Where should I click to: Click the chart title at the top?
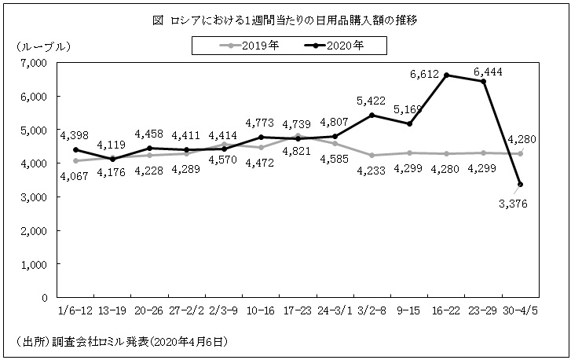(x=285, y=20)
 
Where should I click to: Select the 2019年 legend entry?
(x=250, y=46)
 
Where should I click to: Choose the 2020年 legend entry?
(x=334, y=46)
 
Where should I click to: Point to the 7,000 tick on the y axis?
(x=34, y=63)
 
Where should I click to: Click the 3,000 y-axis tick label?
(x=34, y=197)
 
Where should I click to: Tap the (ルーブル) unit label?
(x=43, y=46)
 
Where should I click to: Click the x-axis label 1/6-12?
(x=75, y=310)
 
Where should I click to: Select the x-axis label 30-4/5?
(x=521, y=310)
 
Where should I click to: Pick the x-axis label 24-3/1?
(x=335, y=310)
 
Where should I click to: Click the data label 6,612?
(x=424, y=75)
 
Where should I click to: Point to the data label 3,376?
(x=513, y=204)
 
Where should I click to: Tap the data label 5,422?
(x=371, y=101)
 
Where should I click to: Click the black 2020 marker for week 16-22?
(x=446, y=75)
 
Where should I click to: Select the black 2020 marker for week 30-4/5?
(x=521, y=185)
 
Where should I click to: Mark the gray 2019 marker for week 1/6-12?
(x=75, y=160)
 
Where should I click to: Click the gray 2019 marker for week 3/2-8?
(x=372, y=155)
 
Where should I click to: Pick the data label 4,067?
(x=74, y=176)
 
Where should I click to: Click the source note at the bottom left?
(x=122, y=342)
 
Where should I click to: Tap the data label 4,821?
(x=297, y=151)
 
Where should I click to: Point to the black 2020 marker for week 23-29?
(x=483, y=81)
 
